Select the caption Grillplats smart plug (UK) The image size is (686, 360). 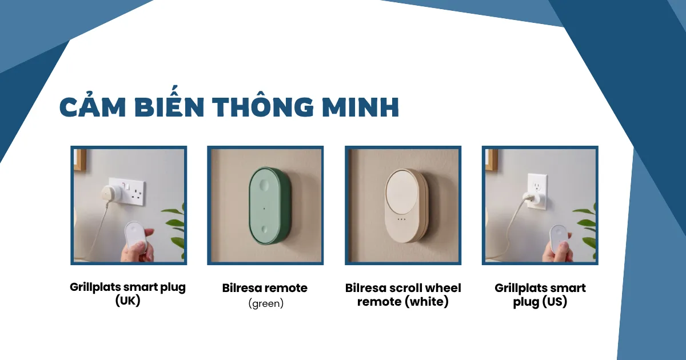point(127,293)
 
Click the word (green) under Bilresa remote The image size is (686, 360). point(266,303)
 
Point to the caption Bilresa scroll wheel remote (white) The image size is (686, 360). point(403,294)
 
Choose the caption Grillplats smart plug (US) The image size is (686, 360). point(540,294)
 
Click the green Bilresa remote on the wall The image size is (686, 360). point(269,206)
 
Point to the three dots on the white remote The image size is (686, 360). point(401,219)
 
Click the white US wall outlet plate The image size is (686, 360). point(537,189)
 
